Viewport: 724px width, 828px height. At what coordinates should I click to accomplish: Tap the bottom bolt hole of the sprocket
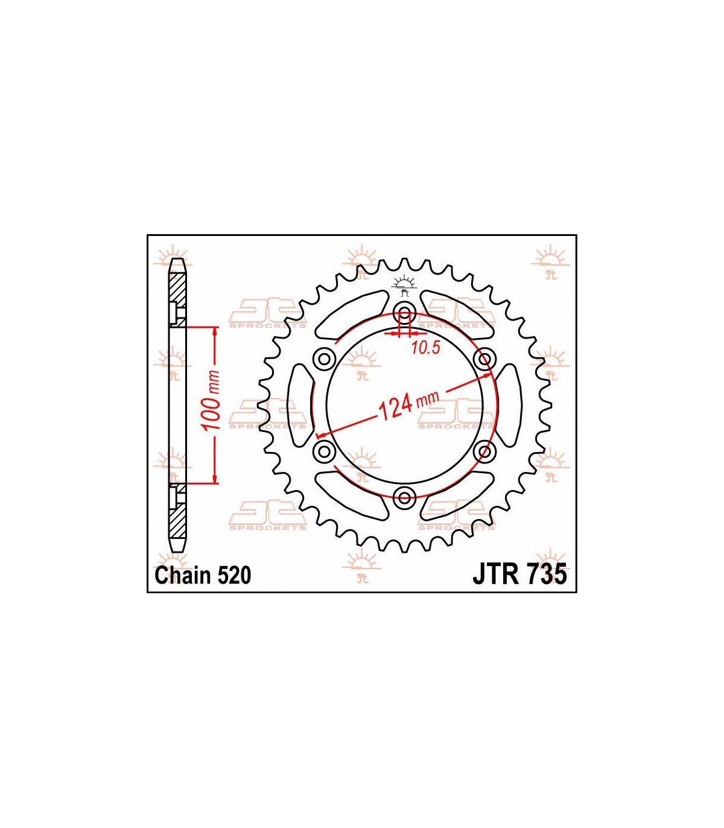(404, 497)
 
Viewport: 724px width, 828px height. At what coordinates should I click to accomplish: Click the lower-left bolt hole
(324, 450)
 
